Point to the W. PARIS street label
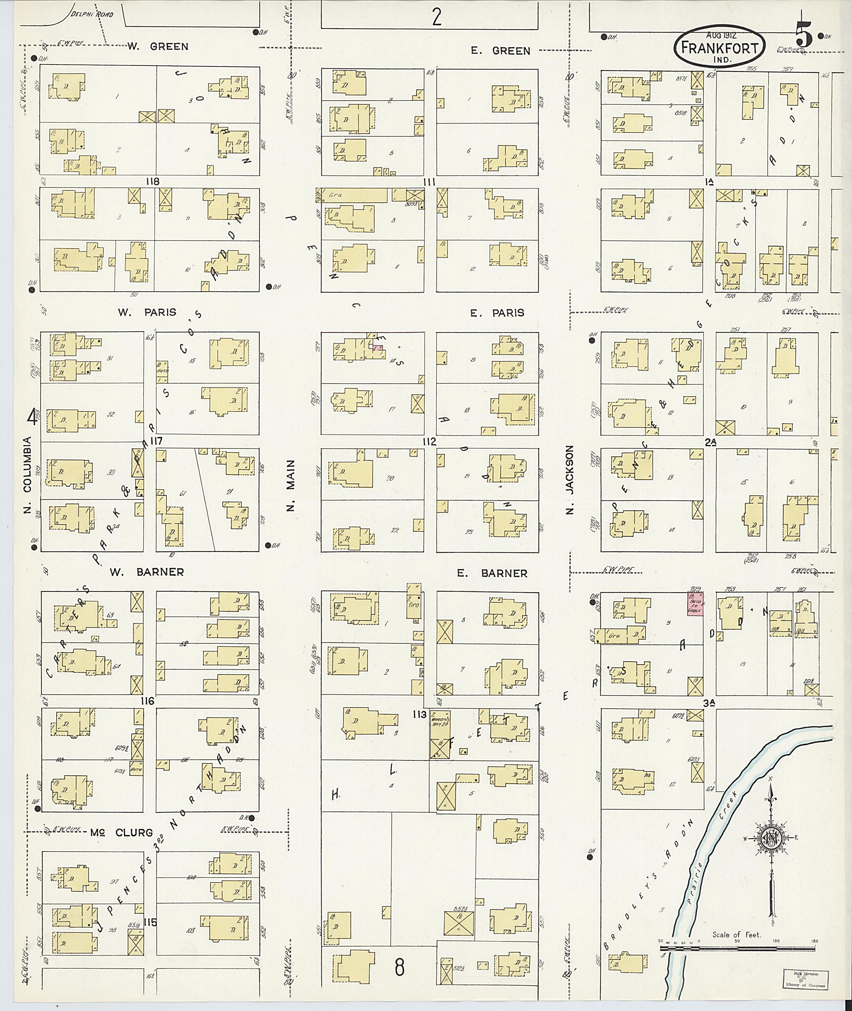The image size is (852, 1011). click(147, 312)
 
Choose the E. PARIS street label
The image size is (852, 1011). click(497, 313)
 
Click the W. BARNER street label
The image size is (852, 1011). click(147, 572)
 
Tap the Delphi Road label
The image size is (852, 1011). click(92, 15)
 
